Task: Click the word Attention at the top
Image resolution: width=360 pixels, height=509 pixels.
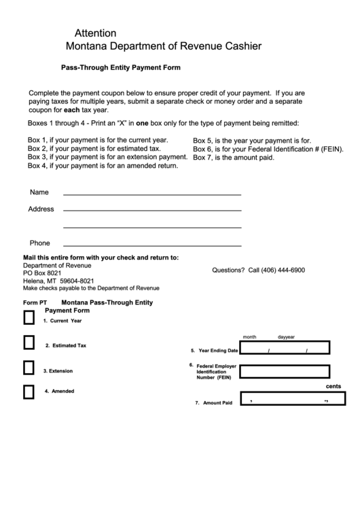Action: pos(95,33)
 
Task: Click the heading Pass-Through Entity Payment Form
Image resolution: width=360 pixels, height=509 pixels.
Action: pos(120,68)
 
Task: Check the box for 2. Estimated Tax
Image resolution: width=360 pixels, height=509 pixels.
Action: pos(29,343)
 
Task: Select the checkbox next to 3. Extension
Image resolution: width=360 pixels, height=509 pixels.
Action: pos(29,368)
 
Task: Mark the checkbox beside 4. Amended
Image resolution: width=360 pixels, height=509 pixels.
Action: pos(29,392)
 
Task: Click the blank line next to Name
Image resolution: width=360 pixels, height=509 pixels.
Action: pos(152,194)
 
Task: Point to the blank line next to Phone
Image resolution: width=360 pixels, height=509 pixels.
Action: pos(152,245)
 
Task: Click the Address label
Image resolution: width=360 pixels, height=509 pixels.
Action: pos(41,209)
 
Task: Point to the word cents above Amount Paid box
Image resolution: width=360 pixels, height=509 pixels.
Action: pos(333,386)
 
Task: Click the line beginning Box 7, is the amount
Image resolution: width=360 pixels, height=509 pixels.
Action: pos(233,158)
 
